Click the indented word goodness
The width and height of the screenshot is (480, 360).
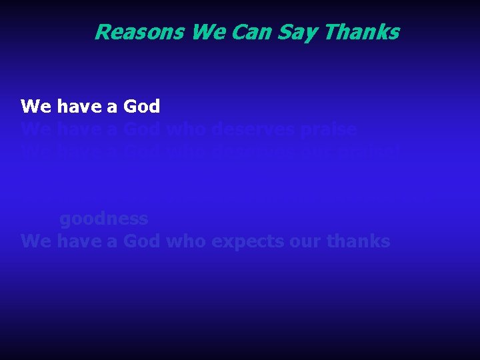point(104,219)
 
